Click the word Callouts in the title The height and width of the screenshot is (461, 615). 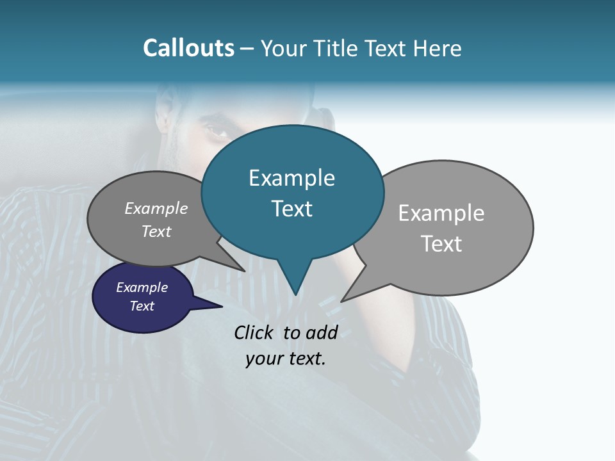188,48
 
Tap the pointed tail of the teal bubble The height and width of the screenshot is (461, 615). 295,282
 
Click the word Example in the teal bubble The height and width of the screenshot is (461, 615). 291,178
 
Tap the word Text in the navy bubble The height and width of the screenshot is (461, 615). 142,306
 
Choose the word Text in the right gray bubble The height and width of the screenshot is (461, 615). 441,244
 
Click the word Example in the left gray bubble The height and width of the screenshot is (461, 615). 156,209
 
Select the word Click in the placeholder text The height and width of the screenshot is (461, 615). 254,332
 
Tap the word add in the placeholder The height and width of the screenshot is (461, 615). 322,332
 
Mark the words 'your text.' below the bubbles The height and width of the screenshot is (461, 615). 286,359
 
